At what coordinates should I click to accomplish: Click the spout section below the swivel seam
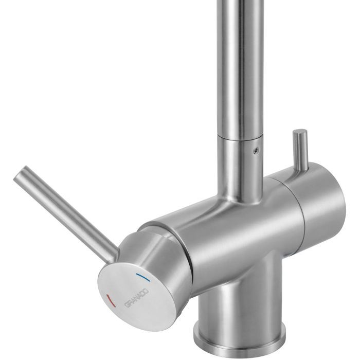239,165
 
